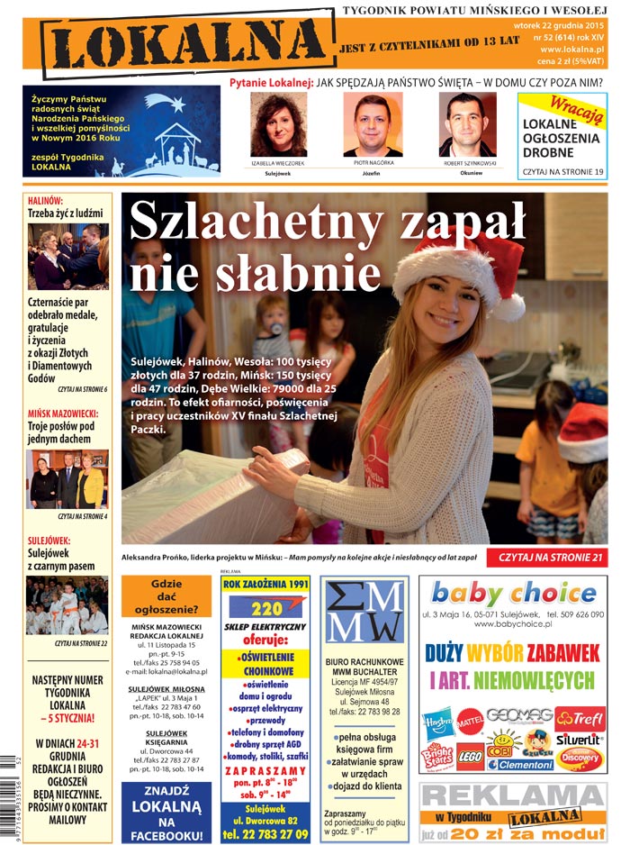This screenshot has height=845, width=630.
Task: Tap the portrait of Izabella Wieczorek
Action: pos(278,124)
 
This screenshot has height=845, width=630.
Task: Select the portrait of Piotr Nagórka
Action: pos(372,125)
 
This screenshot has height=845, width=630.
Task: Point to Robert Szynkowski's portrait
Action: pos(466,125)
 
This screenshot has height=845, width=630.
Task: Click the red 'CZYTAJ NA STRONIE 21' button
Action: pos(545,559)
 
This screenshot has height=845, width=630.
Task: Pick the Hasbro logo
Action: pos(438,722)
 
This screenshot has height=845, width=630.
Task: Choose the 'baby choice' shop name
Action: pos(513,594)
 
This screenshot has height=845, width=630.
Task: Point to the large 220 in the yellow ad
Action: pos(266,608)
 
